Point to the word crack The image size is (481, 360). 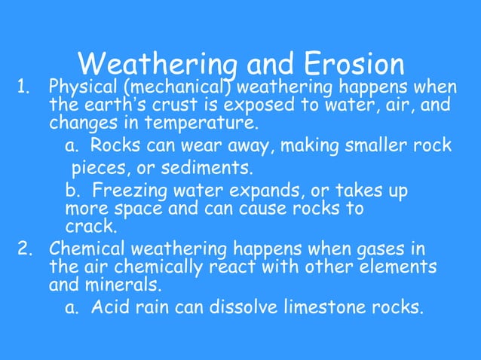tap(90, 225)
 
